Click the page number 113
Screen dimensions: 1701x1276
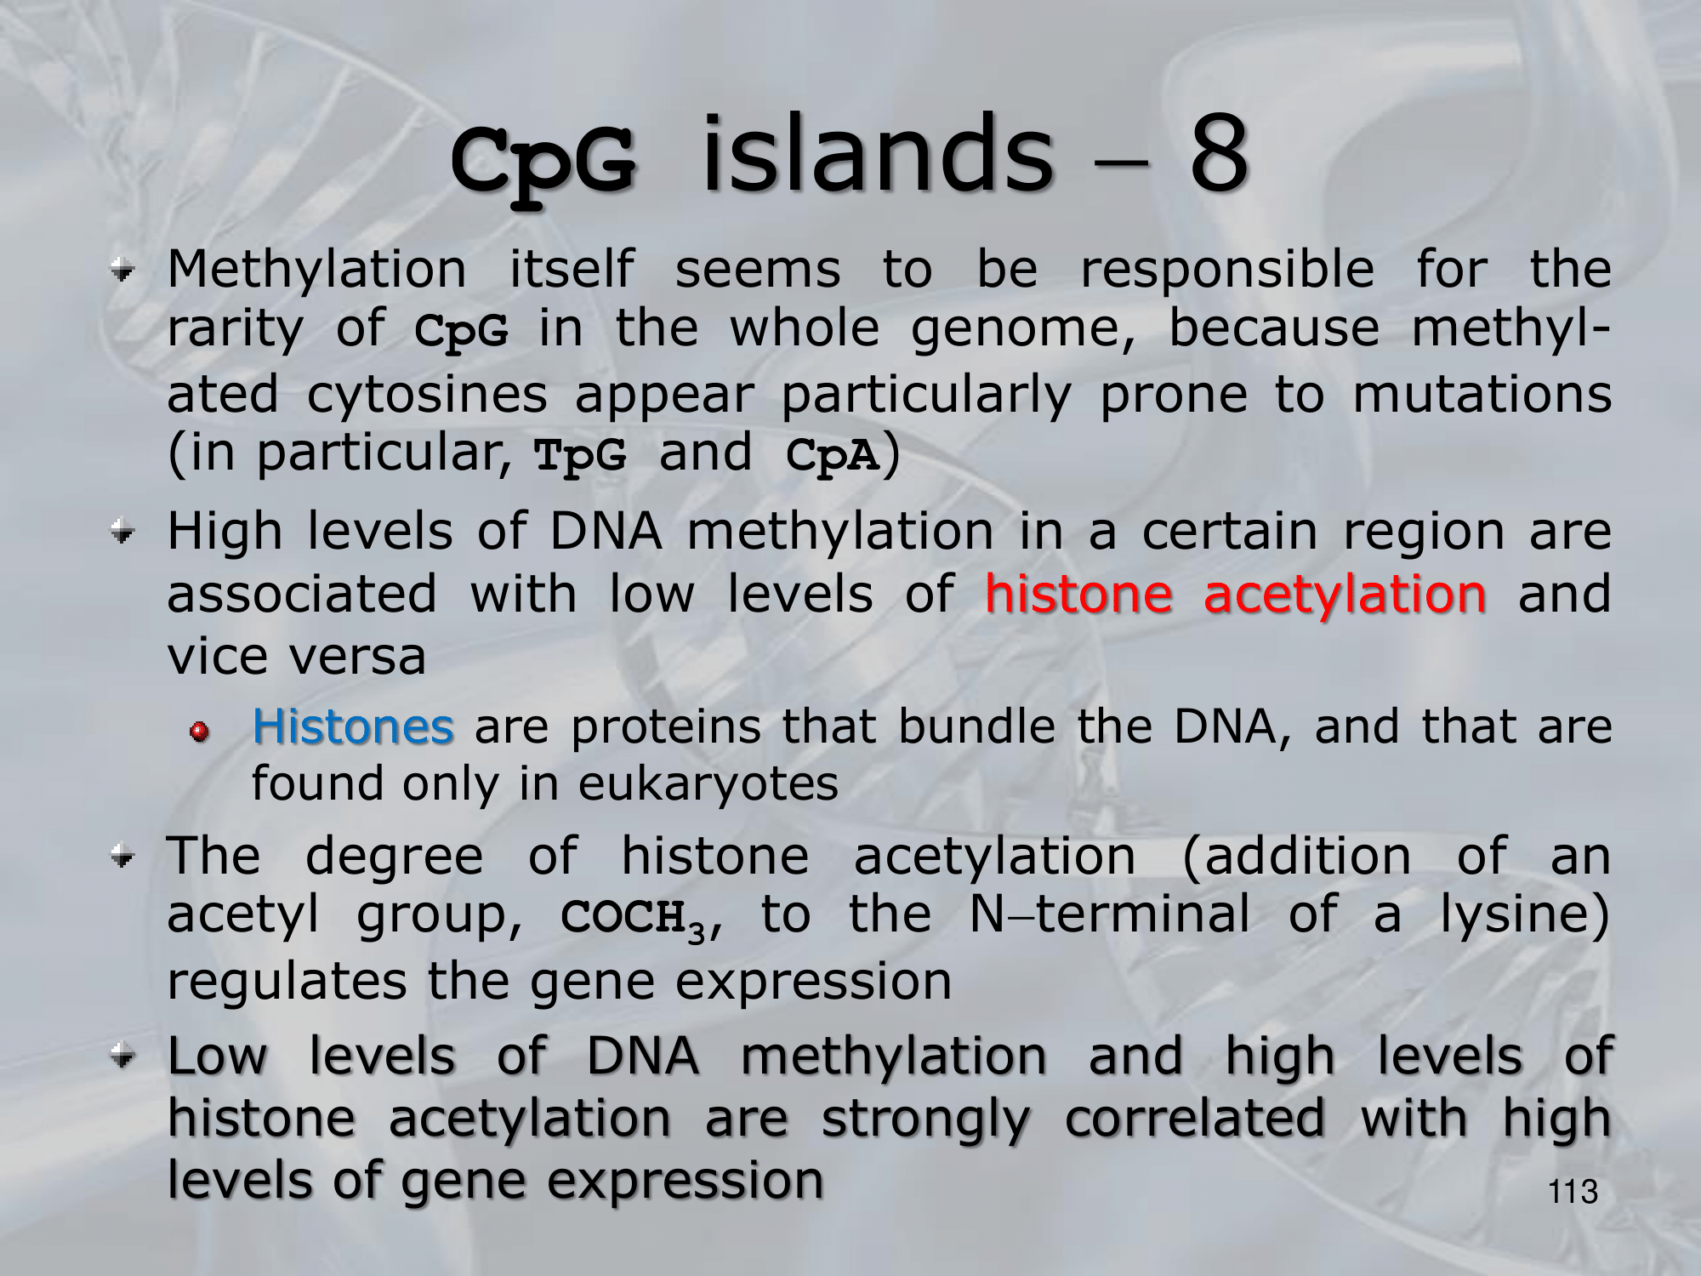(x=1573, y=1192)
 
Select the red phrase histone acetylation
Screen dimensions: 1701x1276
(x=1236, y=593)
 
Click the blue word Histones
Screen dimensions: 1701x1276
(x=353, y=726)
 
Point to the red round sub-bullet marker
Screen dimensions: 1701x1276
(x=199, y=732)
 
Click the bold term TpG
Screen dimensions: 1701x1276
(x=580, y=455)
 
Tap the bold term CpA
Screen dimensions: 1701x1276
(x=833, y=455)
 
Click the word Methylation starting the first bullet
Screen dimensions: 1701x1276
(x=317, y=270)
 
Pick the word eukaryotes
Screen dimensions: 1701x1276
(x=708, y=785)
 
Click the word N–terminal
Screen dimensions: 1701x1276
(x=1110, y=914)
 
